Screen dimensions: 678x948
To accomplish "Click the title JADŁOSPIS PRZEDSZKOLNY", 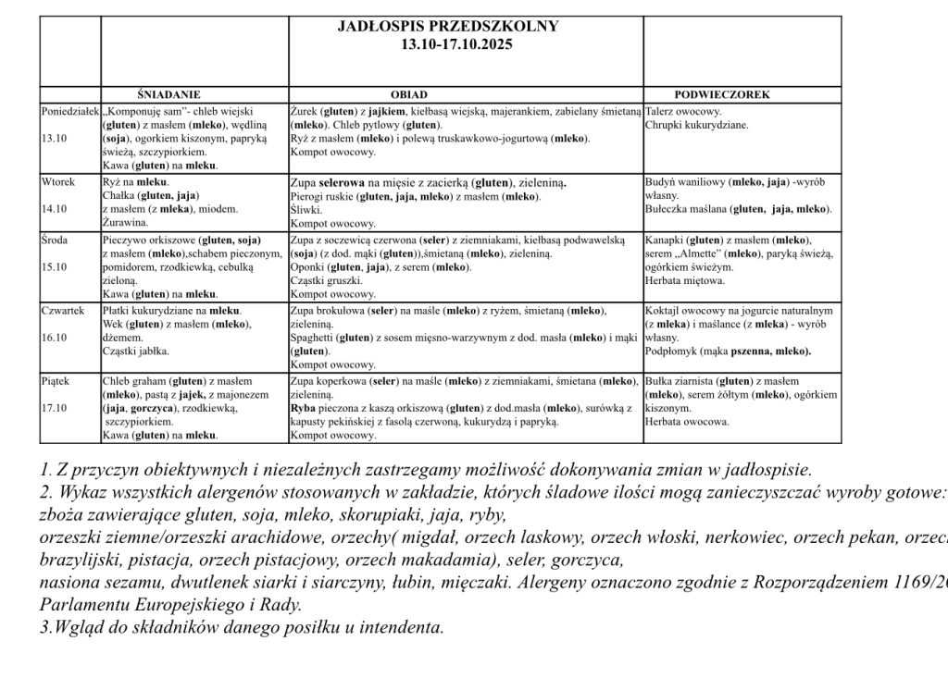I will pyautogui.click(x=449, y=26).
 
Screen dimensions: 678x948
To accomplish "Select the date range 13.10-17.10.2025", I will pyautogui.click(x=449, y=43).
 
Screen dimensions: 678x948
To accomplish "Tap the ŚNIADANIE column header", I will pyautogui.click(x=168, y=94).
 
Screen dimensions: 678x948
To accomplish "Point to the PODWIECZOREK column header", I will pyautogui.click(x=722, y=94).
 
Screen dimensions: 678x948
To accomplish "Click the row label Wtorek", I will pyautogui.click(x=58, y=182).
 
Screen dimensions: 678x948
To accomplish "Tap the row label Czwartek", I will pyautogui.click(x=63, y=311).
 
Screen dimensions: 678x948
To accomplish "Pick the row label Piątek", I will pyautogui.click(x=56, y=380).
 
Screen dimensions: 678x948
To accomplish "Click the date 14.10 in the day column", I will pyautogui.click(x=55, y=209).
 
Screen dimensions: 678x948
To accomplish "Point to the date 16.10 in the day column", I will pyautogui.click(x=55, y=338).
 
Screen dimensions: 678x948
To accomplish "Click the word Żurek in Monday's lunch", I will pyautogui.click(x=305, y=110).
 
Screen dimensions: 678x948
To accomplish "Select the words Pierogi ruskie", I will pyautogui.click(x=319, y=196).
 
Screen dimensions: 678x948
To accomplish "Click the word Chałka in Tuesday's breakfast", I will pyautogui.click(x=118, y=196).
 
